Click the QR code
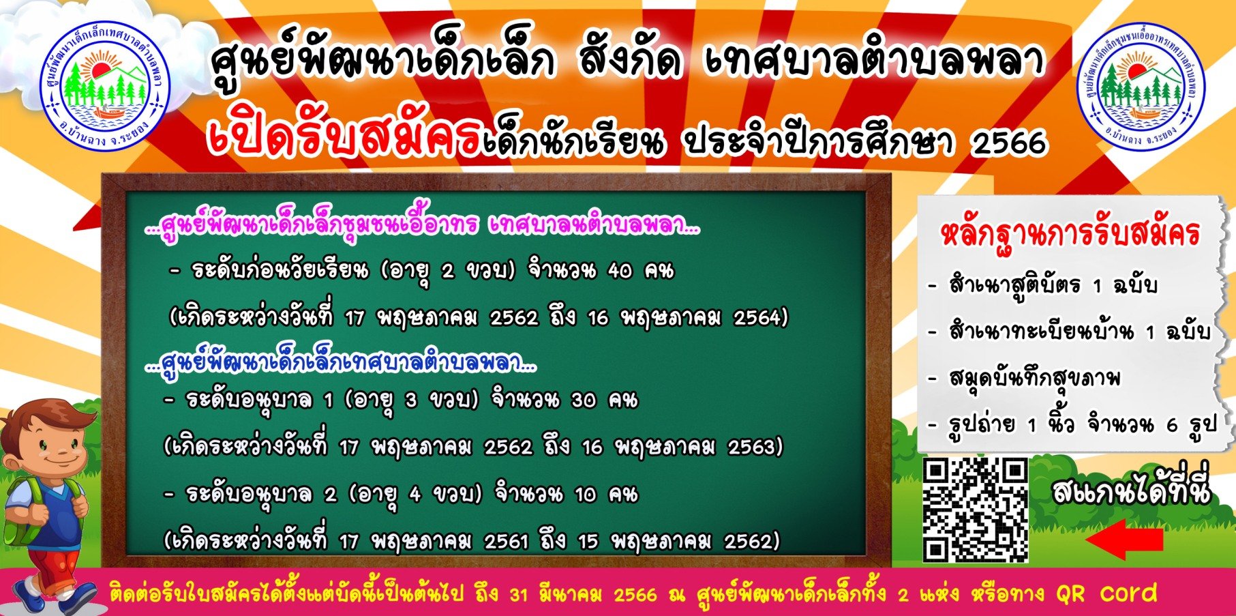point(976,510)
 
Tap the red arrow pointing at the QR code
point(1124,540)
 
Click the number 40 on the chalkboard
point(620,271)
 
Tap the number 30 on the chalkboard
point(583,400)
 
